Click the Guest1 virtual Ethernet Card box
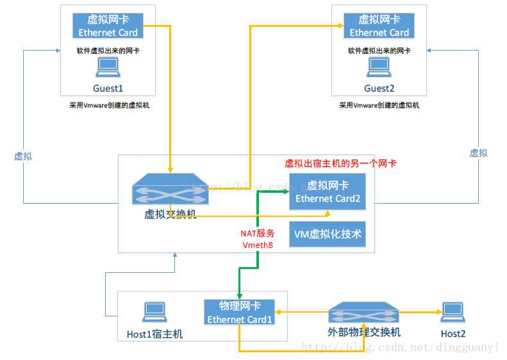point(107,26)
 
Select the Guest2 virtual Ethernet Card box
point(379,26)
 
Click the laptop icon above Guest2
point(379,65)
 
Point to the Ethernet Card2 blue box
point(328,192)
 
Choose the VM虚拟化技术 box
point(328,234)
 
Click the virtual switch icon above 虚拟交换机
point(170,192)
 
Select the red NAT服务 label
point(258,233)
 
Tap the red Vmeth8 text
point(258,245)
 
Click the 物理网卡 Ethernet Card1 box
point(239,313)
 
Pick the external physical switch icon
point(363,313)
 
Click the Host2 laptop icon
point(453,311)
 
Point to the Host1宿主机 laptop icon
point(154,311)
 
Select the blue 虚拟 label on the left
point(23,156)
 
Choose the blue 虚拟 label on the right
point(478,152)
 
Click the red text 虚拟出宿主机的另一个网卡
point(340,163)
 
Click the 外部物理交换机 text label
point(363,332)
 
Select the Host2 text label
point(453,333)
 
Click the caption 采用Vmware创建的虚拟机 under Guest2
point(379,105)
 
